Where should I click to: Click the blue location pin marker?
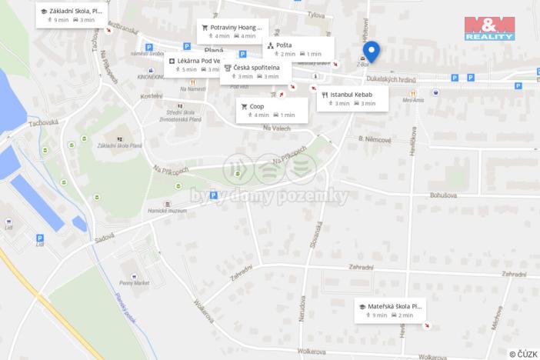[x=372, y=51]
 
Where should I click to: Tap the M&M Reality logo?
[x=489, y=28]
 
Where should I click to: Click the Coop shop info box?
[x=272, y=110]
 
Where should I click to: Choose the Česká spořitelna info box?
[x=257, y=72]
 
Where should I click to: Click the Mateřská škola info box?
[x=388, y=310]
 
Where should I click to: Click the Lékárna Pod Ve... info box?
[x=194, y=65]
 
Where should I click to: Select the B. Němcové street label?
[x=375, y=140]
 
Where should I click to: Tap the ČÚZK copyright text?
[x=522, y=354]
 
